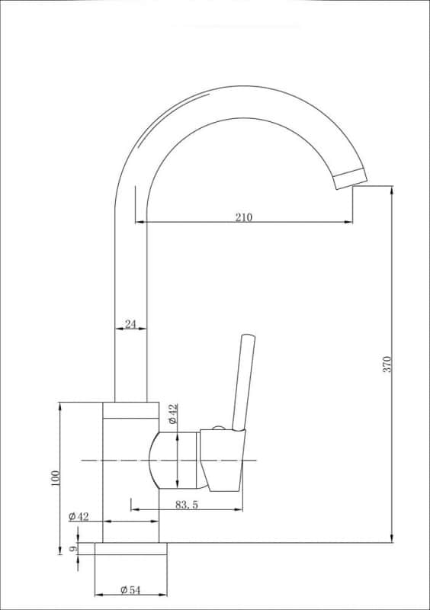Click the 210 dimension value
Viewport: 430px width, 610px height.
(243, 217)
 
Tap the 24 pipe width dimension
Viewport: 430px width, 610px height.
(130, 324)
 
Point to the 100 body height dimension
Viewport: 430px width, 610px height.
(55, 478)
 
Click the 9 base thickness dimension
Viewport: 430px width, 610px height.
(72, 548)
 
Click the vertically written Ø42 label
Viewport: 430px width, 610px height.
(173, 414)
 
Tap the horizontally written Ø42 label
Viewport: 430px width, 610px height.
(79, 516)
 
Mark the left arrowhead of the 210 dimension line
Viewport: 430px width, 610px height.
(140, 223)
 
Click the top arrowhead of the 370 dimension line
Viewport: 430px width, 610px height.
(392, 190)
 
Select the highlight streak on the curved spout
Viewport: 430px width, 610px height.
(191, 101)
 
